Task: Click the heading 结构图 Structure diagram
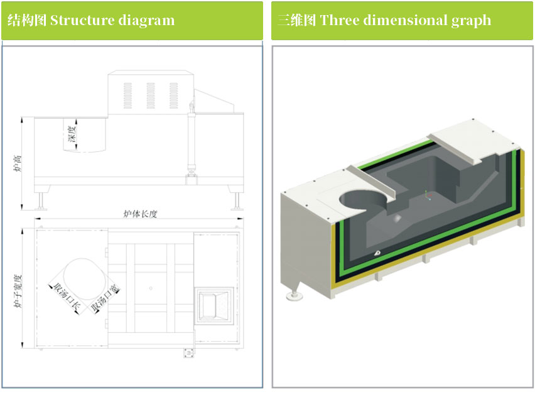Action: pos(91,20)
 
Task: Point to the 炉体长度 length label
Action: pos(139,214)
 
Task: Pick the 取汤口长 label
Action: pos(67,297)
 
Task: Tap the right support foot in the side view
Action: pos(237,200)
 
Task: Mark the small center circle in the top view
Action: pos(150,287)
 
